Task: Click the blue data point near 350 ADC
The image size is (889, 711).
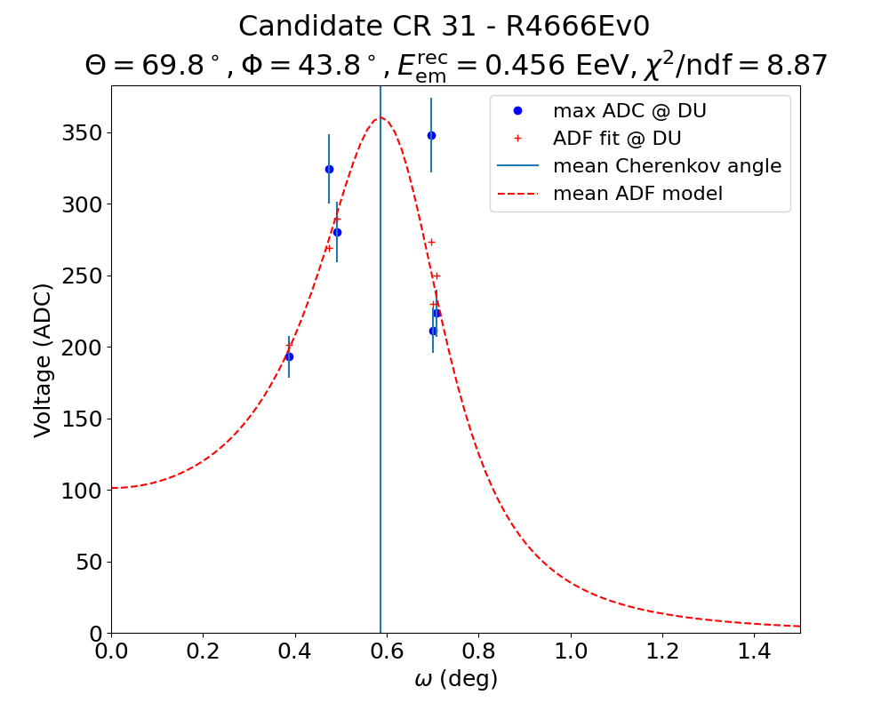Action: point(431,135)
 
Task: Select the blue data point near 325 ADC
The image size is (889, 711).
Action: point(329,169)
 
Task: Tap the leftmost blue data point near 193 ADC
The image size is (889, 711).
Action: point(289,356)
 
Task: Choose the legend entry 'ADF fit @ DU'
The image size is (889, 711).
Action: point(617,139)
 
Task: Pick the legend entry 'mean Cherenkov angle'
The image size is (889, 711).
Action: point(667,166)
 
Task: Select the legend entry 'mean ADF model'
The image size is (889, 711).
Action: point(637,194)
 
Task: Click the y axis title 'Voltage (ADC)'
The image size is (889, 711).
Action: point(43,360)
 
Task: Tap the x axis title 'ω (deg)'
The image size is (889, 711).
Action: point(456,680)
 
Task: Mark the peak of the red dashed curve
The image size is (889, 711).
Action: point(380,117)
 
